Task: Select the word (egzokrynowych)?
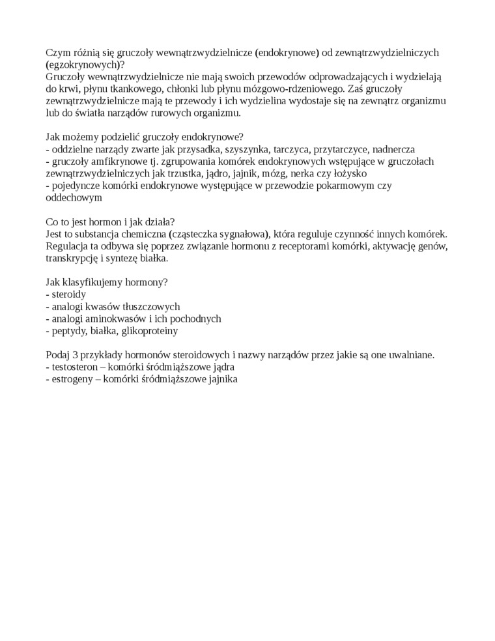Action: [x=85, y=64]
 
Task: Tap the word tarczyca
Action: [x=292, y=149]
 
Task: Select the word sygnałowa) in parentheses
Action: [x=242, y=234]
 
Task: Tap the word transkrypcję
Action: [x=72, y=258]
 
